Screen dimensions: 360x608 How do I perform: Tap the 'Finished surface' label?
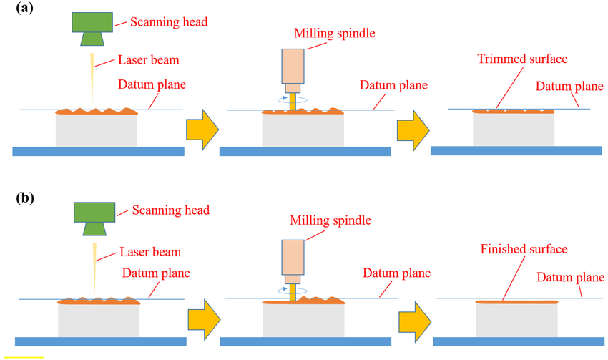[x=525, y=249]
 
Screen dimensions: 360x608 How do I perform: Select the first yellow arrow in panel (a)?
[x=201, y=129]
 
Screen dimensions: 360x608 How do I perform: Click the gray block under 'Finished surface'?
[x=516, y=318]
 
